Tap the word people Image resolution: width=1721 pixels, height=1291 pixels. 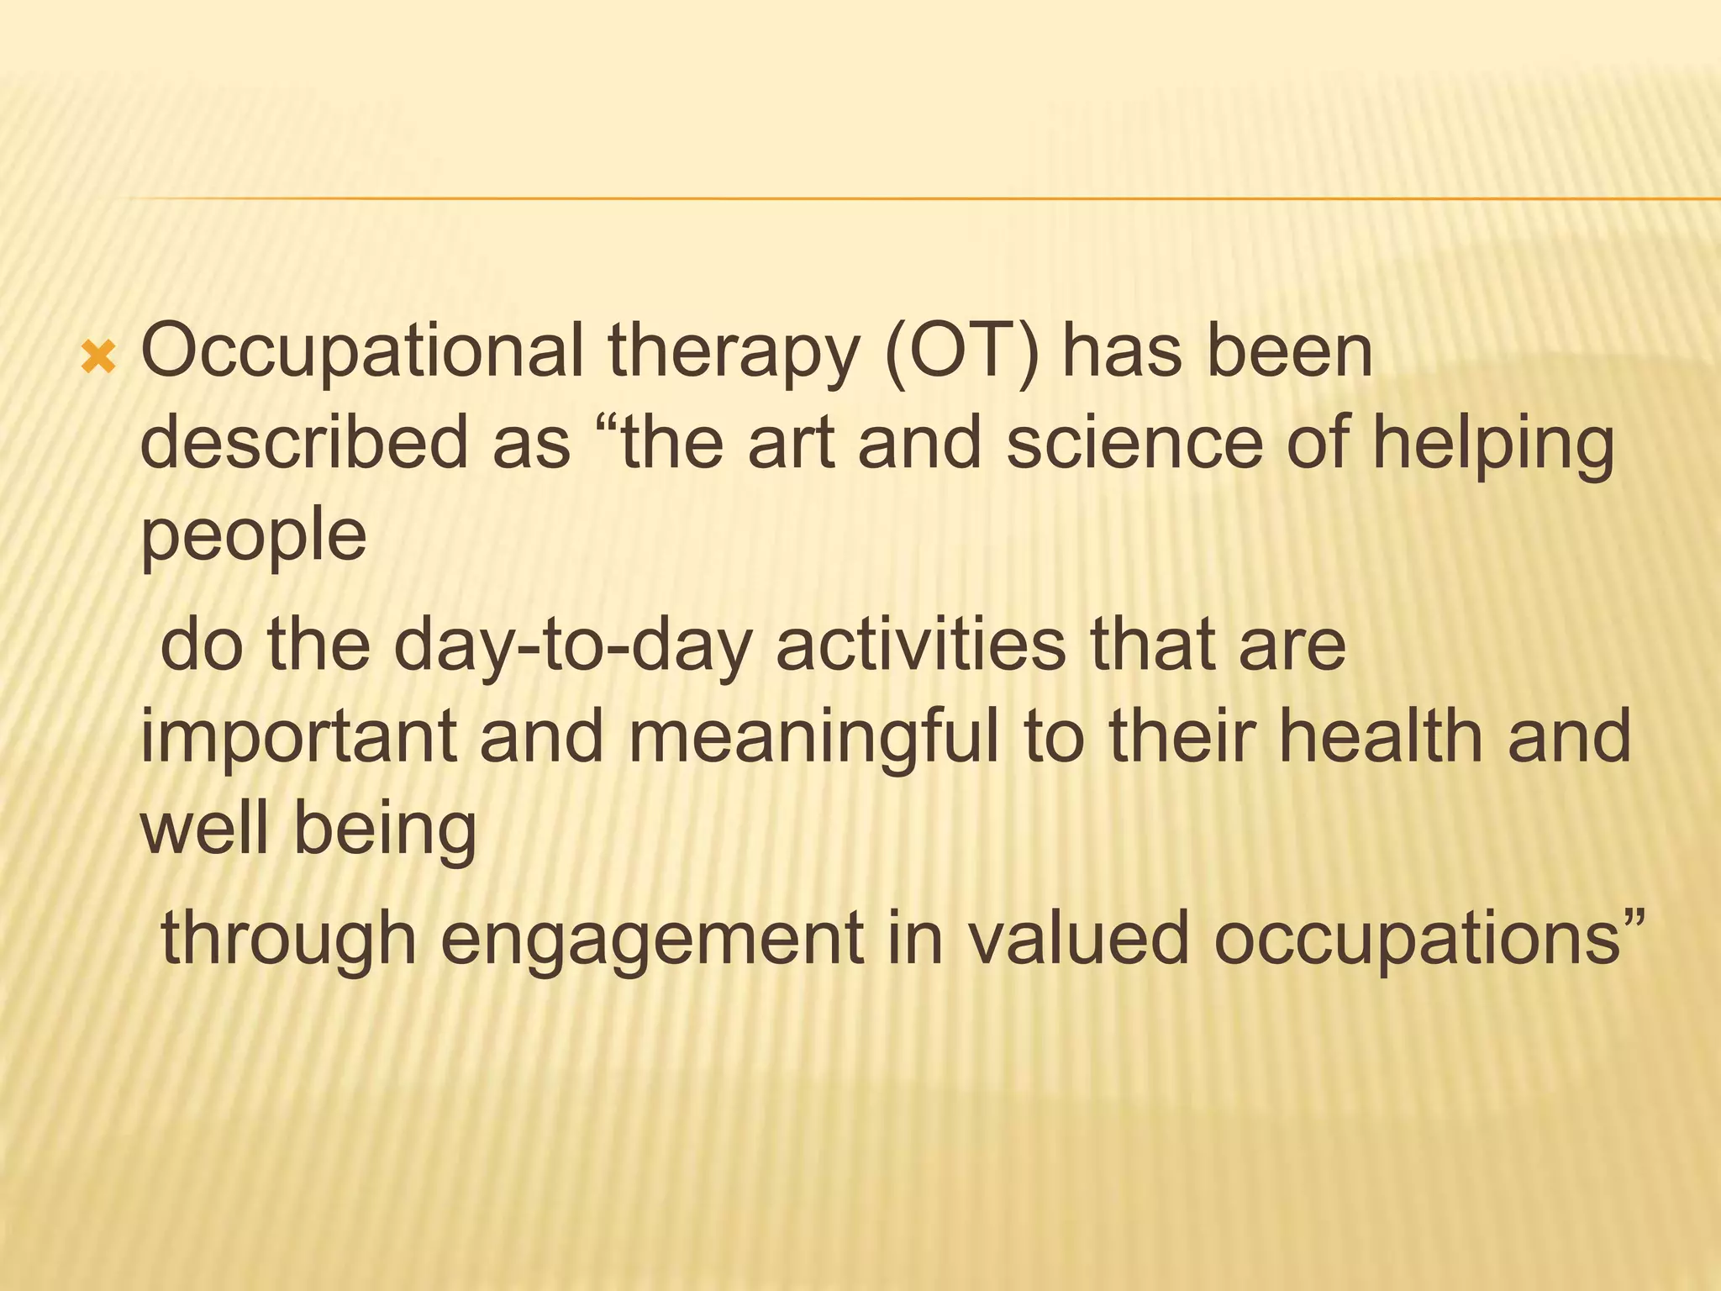coord(253,538)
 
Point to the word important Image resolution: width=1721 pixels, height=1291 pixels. coord(298,737)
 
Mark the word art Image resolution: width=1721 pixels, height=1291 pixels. coord(791,445)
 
